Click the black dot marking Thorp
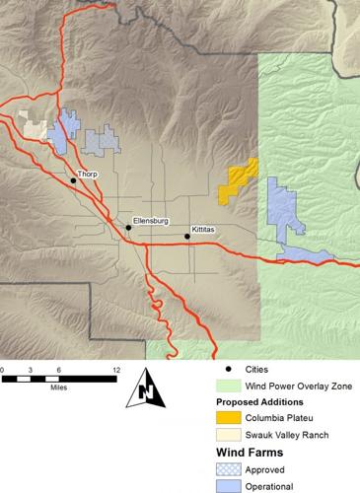coord(74,181)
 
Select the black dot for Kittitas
coord(187,237)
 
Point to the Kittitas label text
coord(203,228)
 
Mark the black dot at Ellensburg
coord(128,229)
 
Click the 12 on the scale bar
coord(116,369)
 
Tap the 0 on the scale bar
coord(3,369)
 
